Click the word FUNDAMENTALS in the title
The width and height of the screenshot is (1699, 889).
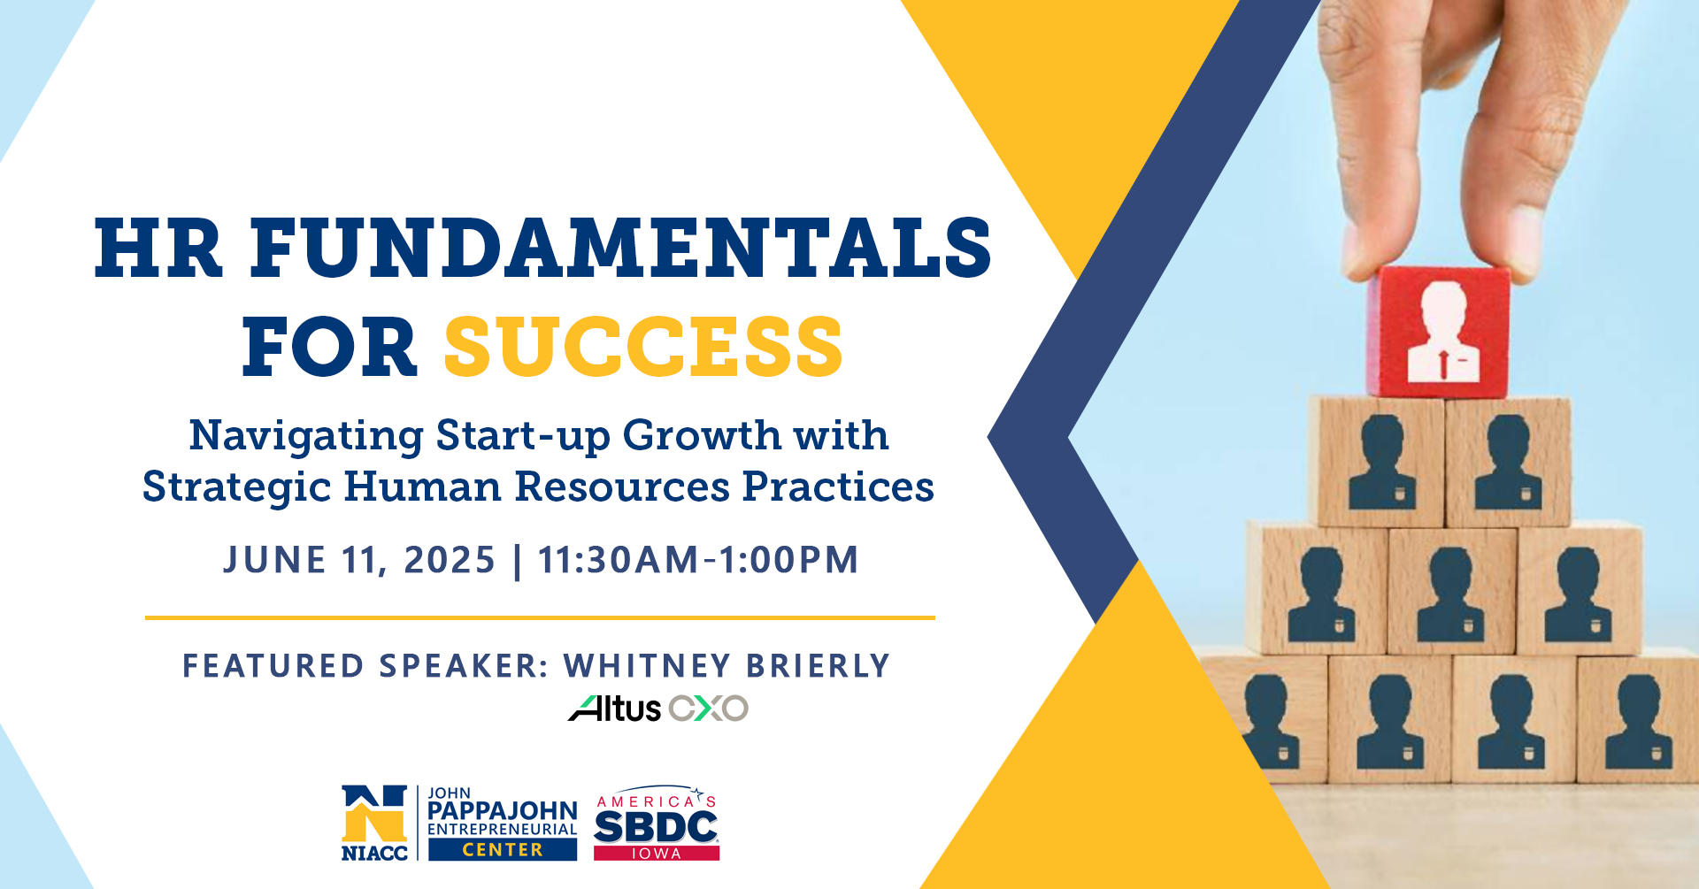coord(620,248)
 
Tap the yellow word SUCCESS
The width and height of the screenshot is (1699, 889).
coord(643,347)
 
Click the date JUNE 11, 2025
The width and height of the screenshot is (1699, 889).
coord(359,560)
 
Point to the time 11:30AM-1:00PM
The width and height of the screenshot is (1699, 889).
coord(698,560)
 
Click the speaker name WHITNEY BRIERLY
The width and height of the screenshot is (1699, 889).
coord(726,666)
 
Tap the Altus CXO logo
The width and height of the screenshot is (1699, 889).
coord(658,709)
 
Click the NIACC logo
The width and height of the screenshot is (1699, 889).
coord(374,823)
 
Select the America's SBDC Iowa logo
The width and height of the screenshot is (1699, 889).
coord(656,823)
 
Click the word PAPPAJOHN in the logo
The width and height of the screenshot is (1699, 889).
coord(502,811)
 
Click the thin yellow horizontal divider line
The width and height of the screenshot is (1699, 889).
coord(540,617)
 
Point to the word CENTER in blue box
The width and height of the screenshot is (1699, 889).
coord(503,850)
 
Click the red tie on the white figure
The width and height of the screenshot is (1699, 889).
coord(1443,364)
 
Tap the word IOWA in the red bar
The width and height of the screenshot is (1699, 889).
coord(656,854)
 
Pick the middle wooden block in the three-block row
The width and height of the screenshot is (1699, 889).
coord(1452,591)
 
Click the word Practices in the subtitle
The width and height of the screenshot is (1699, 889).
coord(838,487)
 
